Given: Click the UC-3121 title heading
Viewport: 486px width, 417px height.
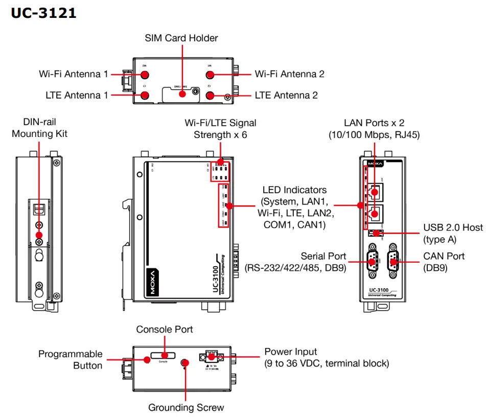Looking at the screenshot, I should click(x=44, y=13).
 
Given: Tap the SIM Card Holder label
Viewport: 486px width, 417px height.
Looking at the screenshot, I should click(x=181, y=38).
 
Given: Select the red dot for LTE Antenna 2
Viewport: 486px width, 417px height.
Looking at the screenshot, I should click(x=210, y=95).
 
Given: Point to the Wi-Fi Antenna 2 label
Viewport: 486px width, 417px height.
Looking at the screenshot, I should click(x=289, y=74).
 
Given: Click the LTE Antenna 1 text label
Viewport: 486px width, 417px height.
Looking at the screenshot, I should click(x=77, y=95).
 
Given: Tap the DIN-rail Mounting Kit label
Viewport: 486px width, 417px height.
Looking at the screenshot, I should click(x=39, y=128).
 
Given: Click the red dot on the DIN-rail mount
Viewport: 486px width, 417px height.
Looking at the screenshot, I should click(x=39, y=235).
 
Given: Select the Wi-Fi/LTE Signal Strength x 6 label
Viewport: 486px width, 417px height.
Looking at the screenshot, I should click(x=220, y=129).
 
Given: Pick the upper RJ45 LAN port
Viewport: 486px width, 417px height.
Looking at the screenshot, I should click(x=375, y=192).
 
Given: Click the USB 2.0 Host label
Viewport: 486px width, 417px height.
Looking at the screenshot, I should click(x=453, y=233).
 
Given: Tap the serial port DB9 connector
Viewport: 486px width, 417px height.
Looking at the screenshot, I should click(x=372, y=262).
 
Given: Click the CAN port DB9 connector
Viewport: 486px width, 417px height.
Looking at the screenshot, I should click(x=393, y=262).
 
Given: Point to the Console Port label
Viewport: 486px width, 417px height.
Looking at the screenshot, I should click(x=165, y=330).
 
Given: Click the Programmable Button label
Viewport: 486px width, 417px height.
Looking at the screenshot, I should click(x=71, y=359).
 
